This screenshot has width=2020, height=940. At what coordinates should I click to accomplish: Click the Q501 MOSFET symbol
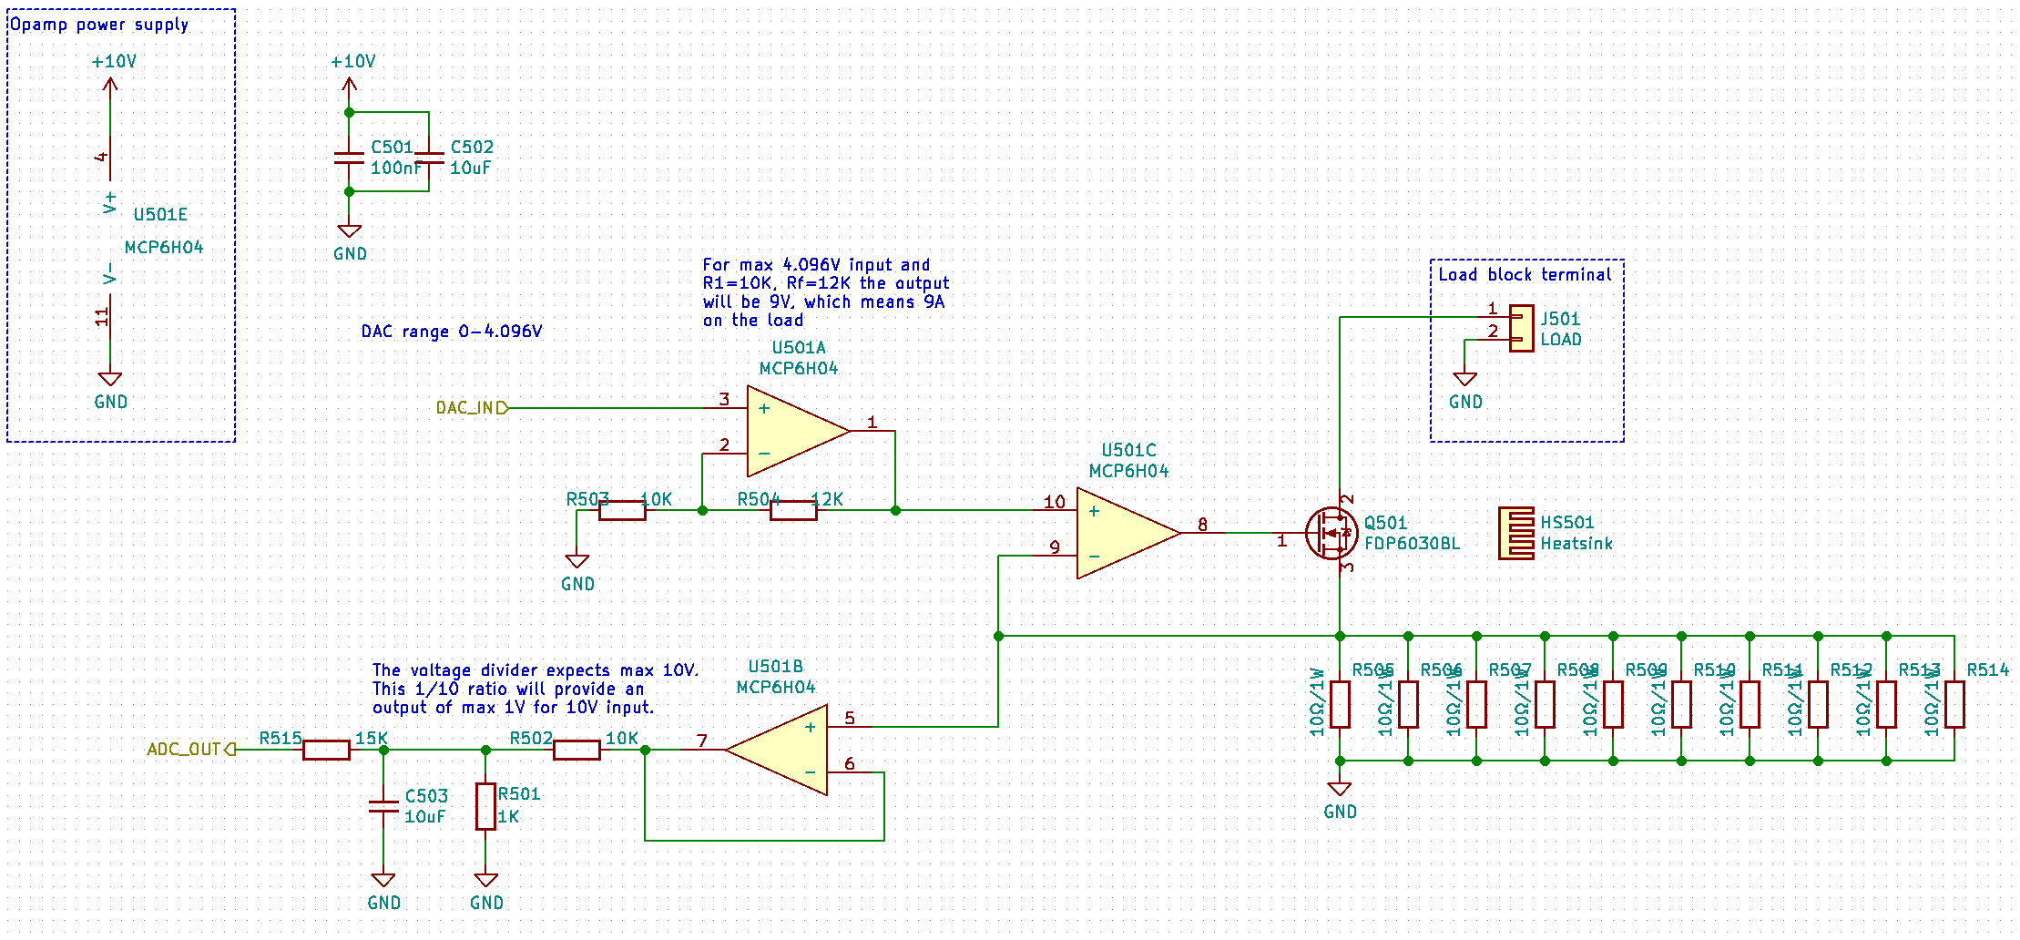click(x=1331, y=533)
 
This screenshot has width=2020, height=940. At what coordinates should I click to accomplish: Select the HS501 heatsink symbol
click(x=1516, y=533)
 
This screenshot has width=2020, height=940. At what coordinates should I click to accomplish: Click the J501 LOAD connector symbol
click(x=1521, y=328)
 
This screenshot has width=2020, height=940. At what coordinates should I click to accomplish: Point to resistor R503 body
click(x=622, y=510)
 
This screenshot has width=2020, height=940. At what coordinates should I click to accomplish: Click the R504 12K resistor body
click(x=793, y=510)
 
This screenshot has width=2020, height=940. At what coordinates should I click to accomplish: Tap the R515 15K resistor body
click(x=326, y=750)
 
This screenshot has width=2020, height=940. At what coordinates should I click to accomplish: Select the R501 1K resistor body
click(x=485, y=806)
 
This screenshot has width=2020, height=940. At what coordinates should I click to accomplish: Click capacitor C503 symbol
click(x=383, y=806)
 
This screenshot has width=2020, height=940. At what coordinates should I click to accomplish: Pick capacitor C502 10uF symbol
click(x=429, y=158)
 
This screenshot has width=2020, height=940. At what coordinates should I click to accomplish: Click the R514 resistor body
click(x=1954, y=704)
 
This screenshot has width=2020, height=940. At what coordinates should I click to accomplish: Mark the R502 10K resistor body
click(x=576, y=750)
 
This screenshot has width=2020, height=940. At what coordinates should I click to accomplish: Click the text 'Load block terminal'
click(x=1525, y=274)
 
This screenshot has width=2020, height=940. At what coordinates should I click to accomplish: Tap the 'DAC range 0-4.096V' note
click(x=452, y=332)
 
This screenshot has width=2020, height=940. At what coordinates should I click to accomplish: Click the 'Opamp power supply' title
click(x=98, y=25)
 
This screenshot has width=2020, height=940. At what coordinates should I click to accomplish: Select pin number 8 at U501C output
click(x=1202, y=524)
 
